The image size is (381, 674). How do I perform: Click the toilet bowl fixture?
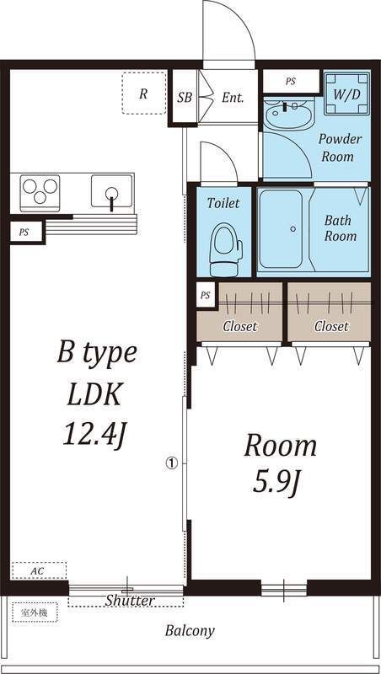[226, 249]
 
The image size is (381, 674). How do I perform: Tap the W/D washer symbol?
[346, 94]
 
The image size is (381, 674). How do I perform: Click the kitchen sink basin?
[112, 190]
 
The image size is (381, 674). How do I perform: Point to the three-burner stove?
[40, 191]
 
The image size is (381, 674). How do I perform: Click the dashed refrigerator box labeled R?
[143, 94]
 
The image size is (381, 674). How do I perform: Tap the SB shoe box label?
[185, 98]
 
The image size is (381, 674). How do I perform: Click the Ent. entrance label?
[233, 98]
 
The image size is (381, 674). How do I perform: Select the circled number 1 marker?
[172, 463]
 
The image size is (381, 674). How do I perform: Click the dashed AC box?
[39, 570]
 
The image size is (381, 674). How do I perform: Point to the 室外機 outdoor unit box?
[35, 612]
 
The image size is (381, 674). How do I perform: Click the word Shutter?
[130, 600]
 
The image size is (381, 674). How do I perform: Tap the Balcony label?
[190, 631]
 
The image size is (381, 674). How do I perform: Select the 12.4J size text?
[96, 433]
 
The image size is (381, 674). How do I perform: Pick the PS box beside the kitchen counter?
[26, 233]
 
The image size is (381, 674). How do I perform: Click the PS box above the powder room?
[291, 81]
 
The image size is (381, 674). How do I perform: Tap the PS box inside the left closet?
[206, 296]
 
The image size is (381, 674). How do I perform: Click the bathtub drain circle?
[293, 228]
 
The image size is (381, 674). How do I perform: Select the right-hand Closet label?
[331, 326]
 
